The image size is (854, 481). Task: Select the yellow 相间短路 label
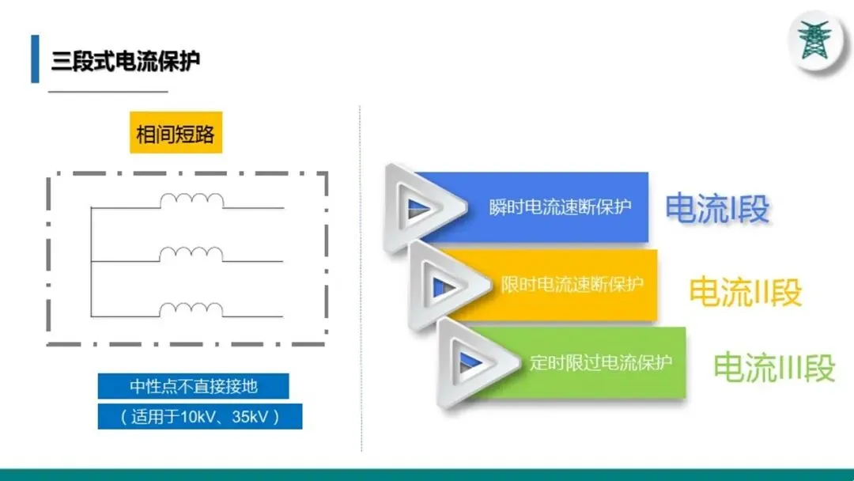(175, 134)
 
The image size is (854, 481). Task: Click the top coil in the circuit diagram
(191, 201)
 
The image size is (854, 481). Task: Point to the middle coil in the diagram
(191, 254)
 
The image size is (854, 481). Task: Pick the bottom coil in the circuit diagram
(191, 309)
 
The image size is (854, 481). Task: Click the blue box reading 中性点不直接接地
(194, 387)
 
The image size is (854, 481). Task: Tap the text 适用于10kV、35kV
(200, 416)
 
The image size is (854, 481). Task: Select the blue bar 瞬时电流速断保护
(560, 207)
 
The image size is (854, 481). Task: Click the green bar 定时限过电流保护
(600, 363)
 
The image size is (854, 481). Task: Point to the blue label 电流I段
(716, 209)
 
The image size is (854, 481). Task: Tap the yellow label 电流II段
(745, 291)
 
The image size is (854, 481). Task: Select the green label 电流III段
(773, 368)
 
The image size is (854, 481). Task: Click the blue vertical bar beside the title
(35, 59)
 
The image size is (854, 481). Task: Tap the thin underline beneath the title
(108, 92)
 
